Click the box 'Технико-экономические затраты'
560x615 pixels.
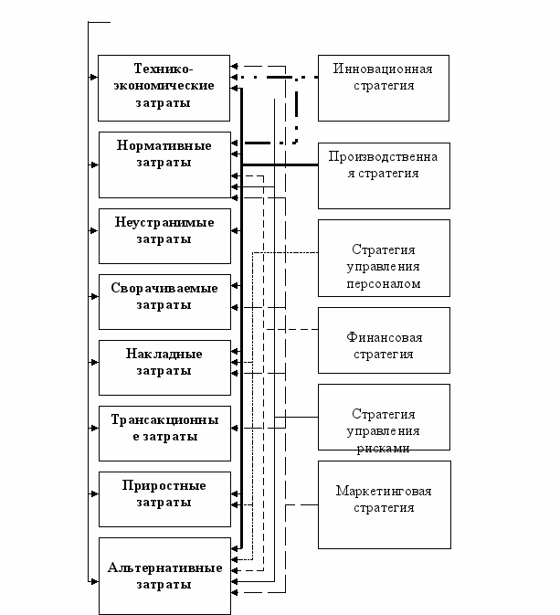pyautogui.click(x=164, y=88)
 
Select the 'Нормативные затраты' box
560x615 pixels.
pyautogui.click(x=164, y=164)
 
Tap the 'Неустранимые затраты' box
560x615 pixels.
pyautogui.click(x=164, y=236)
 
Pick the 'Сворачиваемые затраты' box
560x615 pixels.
pyautogui.click(x=164, y=302)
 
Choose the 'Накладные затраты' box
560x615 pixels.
pyautogui.click(x=164, y=368)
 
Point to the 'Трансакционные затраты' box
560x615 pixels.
pyautogui.click(x=164, y=433)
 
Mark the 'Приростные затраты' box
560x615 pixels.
pyautogui.click(x=164, y=499)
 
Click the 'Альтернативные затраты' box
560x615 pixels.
pyautogui.click(x=164, y=576)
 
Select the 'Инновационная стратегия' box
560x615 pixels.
pyautogui.click(x=384, y=88)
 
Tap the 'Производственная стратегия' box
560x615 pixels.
pyautogui.click(x=384, y=175)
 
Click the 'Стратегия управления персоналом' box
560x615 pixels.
pyautogui.click(x=384, y=258)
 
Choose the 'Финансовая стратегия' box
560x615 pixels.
pyautogui.click(x=384, y=341)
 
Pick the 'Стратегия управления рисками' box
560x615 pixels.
pyautogui.click(x=384, y=417)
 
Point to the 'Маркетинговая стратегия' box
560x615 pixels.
pyautogui.click(x=385, y=504)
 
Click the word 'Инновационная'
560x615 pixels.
pyautogui.click(x=383, y=69)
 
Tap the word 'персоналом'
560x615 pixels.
pyautogui.click(x=384, y=284)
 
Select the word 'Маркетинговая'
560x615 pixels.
pyautogui.click(x=384, y=491)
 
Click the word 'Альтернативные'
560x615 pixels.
pyautogui.click(x=164, y=567)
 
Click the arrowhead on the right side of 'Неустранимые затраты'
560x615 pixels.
pyautogui.click(x=235, y=230)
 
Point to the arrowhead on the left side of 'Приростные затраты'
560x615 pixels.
pyautogui.click(x=94, y=493)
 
